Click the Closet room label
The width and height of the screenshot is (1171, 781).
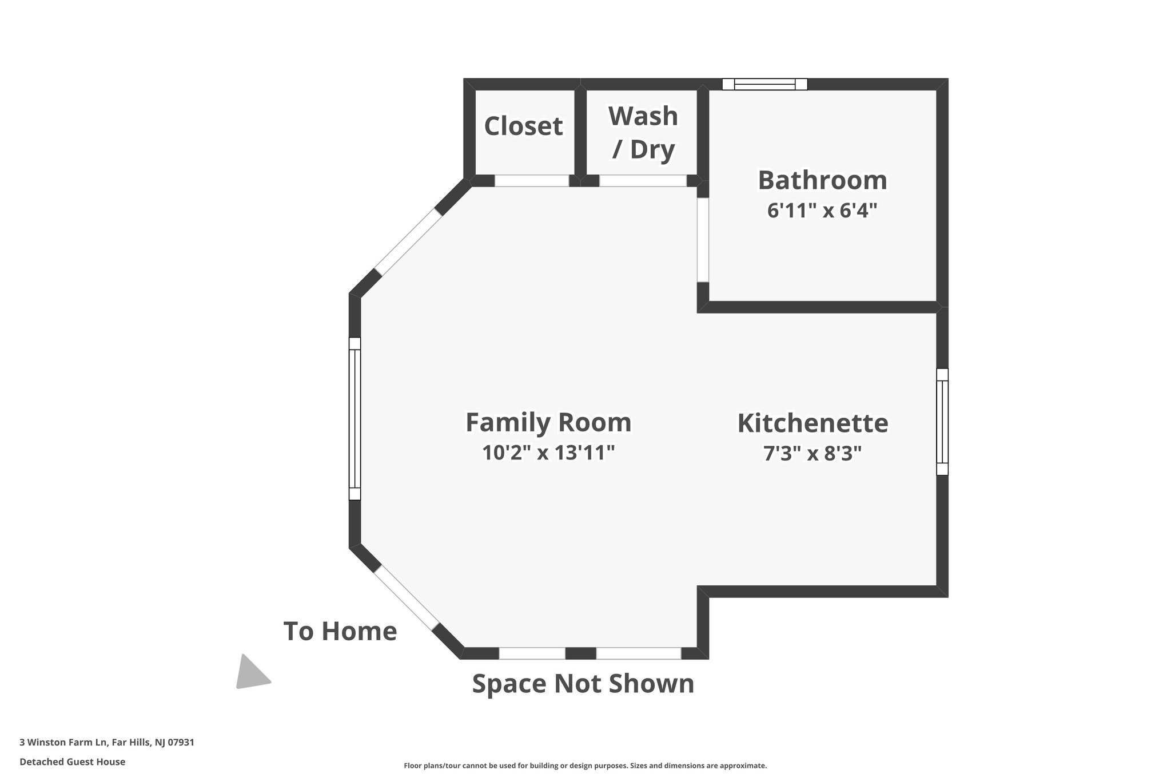pos(523,126)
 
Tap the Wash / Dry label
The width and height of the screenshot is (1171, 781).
pos(643,133)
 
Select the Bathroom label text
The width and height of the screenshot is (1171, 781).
pos(822,180)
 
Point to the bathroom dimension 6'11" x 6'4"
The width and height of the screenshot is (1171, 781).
pos(822,211)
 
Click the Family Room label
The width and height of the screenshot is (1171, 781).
pos(548,423)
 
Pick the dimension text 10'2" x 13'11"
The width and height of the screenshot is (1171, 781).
pos(548,453)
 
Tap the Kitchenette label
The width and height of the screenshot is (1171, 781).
pos(812,423)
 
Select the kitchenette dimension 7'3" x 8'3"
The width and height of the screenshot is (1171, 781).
pos(812,454)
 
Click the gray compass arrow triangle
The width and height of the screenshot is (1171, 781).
pos(250,673)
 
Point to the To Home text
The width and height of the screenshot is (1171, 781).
pos(340,631)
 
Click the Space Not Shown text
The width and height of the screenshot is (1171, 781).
pos(583,684)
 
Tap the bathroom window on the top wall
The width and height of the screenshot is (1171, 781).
pos(764,85)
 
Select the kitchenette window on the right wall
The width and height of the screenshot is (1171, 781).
pos(942,422)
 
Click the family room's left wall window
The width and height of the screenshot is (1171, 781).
pos(355,419)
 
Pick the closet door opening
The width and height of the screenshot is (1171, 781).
pos(532,181)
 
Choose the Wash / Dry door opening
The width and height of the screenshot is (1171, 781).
pos(643,181)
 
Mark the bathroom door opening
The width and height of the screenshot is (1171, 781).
pos(703,240)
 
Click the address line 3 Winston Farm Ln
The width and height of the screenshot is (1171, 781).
pos(107,743)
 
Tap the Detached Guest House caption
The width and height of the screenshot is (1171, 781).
pos(72,762)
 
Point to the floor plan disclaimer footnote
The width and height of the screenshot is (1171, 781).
pos(585,766)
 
